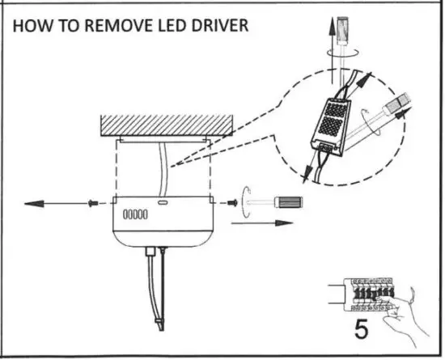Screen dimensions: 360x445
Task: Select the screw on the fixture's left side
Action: [x=91, y=200]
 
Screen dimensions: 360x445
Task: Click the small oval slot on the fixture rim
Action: [x=163, y=204]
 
